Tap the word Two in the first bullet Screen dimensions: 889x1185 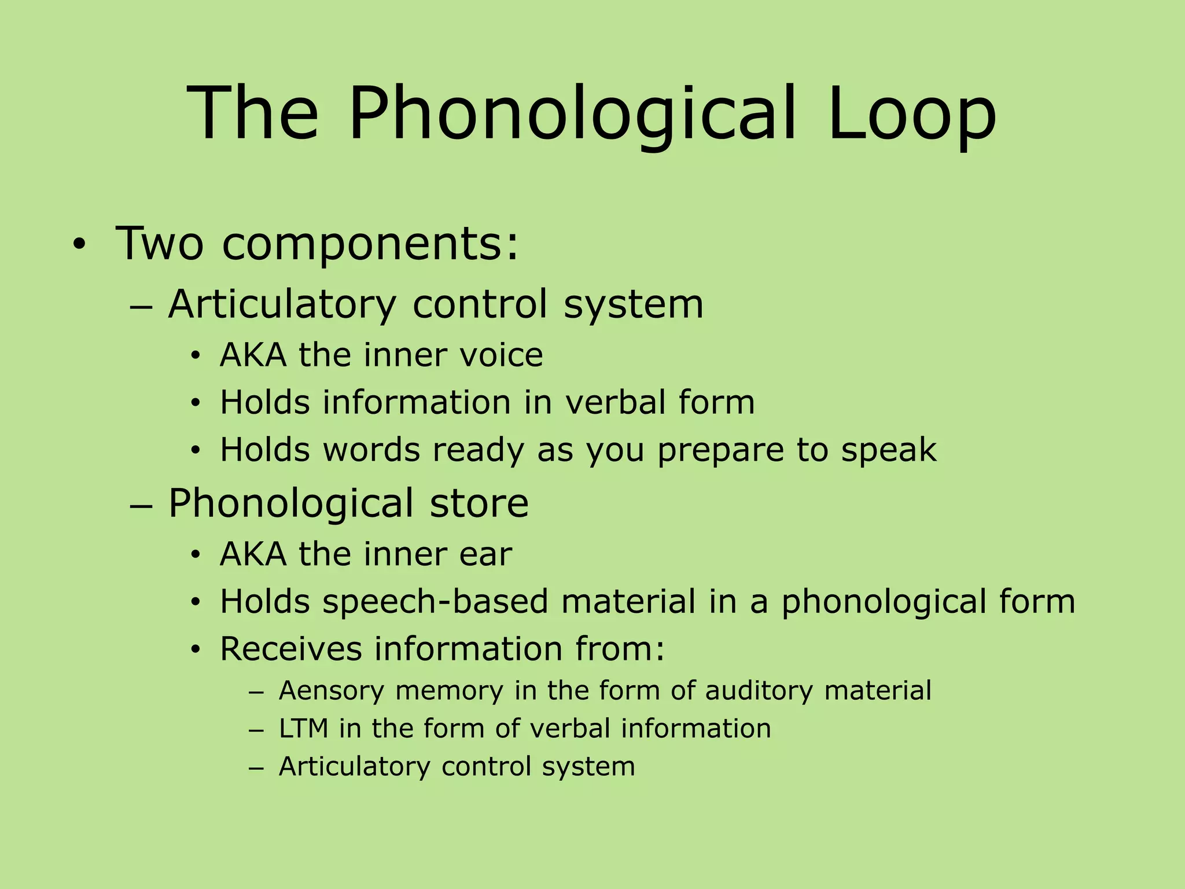pyautogui.click(x=160, y=243)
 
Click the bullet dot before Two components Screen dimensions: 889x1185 pyautogui.click(x=78, y=245)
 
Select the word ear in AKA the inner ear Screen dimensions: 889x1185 pyautogui.click(x=485, y=554)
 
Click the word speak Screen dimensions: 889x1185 pyautogui.click(x=889, y=450)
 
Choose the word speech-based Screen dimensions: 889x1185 pyautogui.click(x=435, y=601)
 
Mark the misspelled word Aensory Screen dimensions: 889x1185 pyautogui.click(x=331, y=690)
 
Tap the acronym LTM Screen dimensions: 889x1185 pyautogui.click(x=303, y=728)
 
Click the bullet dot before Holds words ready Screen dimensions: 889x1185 pyautogui.click(x=196, y=450)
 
